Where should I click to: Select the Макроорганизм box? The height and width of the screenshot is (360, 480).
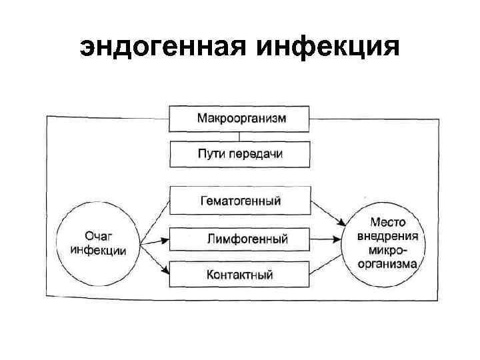coord(240,119)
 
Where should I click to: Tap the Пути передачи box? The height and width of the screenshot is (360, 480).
coord(240,154)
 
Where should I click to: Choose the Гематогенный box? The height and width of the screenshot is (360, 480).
coord(240,201)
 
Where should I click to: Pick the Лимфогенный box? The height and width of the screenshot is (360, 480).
coord(240,239)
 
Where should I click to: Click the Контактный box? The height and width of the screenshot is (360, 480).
coord(240,274)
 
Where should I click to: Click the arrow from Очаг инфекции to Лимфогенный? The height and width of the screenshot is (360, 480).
coord(155,240)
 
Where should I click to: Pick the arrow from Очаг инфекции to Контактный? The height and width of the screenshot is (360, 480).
coord(155,263)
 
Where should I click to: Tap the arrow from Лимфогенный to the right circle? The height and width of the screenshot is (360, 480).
coord(327,238)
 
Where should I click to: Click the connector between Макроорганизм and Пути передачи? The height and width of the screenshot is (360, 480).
coord(240,136)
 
